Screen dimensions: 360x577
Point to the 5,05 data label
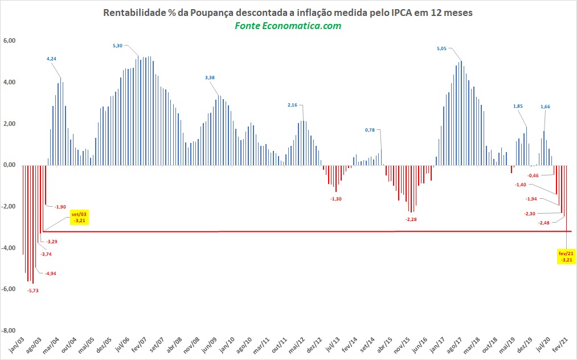[x=441, y=49]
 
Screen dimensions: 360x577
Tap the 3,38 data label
[x=211, y=77]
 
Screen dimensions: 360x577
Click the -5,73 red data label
[x=34, y=291]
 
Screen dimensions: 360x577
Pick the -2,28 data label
[x=411, y=219]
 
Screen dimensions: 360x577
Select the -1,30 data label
[x=337, y=198]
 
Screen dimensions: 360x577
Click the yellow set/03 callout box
[x=79, y=218]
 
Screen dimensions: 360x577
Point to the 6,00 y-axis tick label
[x=10, y=41]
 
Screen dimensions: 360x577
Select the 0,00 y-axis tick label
[x=10, y=165]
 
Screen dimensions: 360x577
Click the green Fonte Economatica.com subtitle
[x=288, y=26]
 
